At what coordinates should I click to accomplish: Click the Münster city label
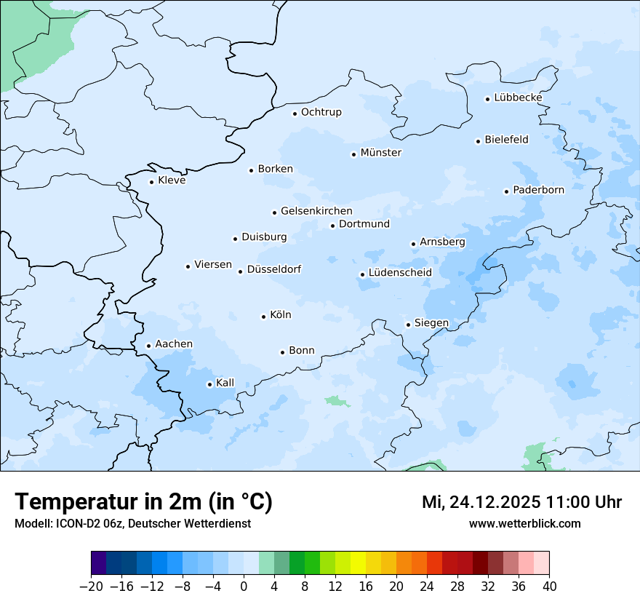tap(380, 153)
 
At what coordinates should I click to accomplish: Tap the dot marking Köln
tap(263, 317)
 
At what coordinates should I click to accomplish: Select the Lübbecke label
tap(518, 98)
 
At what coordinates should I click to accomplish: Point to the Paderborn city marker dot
tap(506, 191)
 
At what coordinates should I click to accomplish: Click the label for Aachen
tap(174, 344)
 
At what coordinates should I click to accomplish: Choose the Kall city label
tap(225, 383)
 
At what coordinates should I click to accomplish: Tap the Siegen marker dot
tap(408, 325)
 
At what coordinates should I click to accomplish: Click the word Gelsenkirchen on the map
tap(316, 211)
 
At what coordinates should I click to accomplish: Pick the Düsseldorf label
tap(274, 269)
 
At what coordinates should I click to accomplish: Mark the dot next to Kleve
tap(151, 182)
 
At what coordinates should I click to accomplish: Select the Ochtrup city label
tap(321, 112)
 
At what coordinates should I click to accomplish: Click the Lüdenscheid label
tap(400, 273)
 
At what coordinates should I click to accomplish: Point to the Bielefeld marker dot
tap(478, 141)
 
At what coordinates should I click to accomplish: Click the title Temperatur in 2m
tap(143, 501)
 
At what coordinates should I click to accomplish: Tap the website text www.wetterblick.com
tap(524, 523)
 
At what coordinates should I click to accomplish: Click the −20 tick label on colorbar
tap(91, 587)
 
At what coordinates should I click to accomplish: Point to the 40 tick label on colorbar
tap(549, 587)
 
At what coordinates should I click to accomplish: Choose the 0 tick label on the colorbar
tap(244, 587)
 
